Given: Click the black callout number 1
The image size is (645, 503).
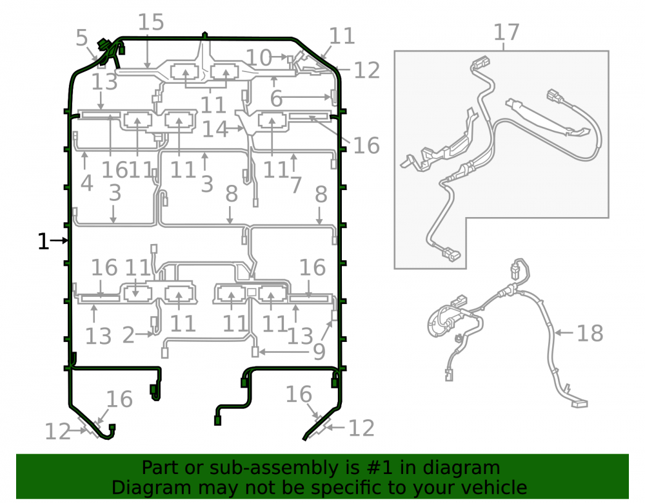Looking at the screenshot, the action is [43, 242].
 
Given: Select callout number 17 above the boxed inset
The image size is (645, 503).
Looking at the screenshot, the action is [506, 32].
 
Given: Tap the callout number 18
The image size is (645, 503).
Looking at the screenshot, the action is [590, 333].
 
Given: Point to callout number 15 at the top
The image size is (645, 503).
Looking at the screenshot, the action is [150, 22].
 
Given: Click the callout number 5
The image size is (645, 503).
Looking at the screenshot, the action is [82, 38].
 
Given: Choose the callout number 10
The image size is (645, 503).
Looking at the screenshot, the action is [259, 57].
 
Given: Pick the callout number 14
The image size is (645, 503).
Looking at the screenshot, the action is [215, 129].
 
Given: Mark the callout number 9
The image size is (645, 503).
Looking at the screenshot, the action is [319, 352].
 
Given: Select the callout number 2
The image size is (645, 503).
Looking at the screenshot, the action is [128, 335].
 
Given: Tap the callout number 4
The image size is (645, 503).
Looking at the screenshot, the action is [87, 183].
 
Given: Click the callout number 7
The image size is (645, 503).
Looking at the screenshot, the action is [296, 185].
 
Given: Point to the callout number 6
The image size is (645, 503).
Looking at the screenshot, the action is [276, 99].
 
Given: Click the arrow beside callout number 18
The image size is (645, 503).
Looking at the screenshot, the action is [564, 332].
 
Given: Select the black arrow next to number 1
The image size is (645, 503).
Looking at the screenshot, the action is [59, 241].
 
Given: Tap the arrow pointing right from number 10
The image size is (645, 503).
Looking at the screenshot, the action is [280, 57].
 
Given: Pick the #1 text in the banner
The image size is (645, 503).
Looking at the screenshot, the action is [379, 468].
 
